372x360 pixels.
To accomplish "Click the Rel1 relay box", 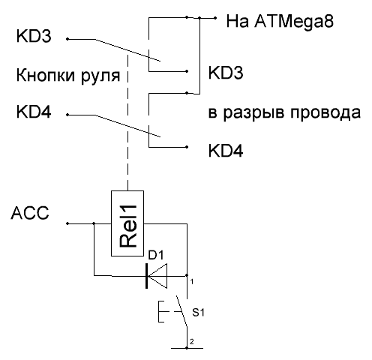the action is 127,223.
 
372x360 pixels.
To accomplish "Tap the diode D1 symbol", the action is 157,276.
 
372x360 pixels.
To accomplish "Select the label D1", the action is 155,255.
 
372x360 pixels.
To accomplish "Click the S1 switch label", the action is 198,312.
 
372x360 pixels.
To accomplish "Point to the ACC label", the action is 30,213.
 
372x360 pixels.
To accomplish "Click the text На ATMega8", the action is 280,21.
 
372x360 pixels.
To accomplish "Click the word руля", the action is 100,76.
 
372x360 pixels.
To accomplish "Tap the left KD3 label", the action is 34,36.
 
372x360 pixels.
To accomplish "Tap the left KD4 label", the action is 34,112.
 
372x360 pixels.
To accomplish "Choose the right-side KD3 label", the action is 226,73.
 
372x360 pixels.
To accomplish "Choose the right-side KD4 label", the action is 226,151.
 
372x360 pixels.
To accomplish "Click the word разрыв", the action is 253,113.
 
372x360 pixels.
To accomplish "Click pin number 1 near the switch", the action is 192,282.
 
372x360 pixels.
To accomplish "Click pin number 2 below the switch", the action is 192,341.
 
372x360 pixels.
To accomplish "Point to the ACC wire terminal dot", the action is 67,223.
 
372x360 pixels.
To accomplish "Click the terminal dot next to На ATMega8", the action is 215,18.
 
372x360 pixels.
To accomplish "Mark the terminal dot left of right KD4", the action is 187,147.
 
